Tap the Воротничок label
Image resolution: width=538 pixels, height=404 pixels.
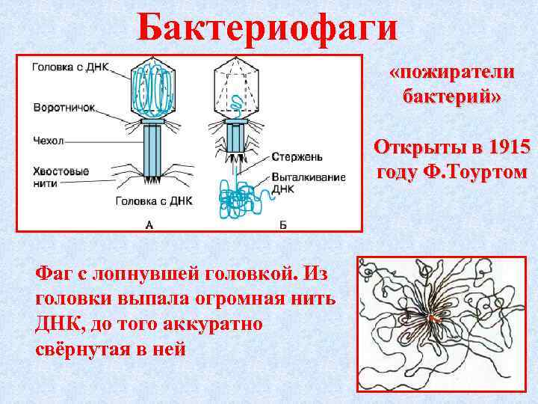(x=64, y=108)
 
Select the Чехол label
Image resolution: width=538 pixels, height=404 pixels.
(x=49, y=140)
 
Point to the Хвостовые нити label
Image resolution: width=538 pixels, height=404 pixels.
(x=61, y=177)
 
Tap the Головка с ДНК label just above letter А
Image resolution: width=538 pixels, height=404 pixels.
(x=154, y=201)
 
